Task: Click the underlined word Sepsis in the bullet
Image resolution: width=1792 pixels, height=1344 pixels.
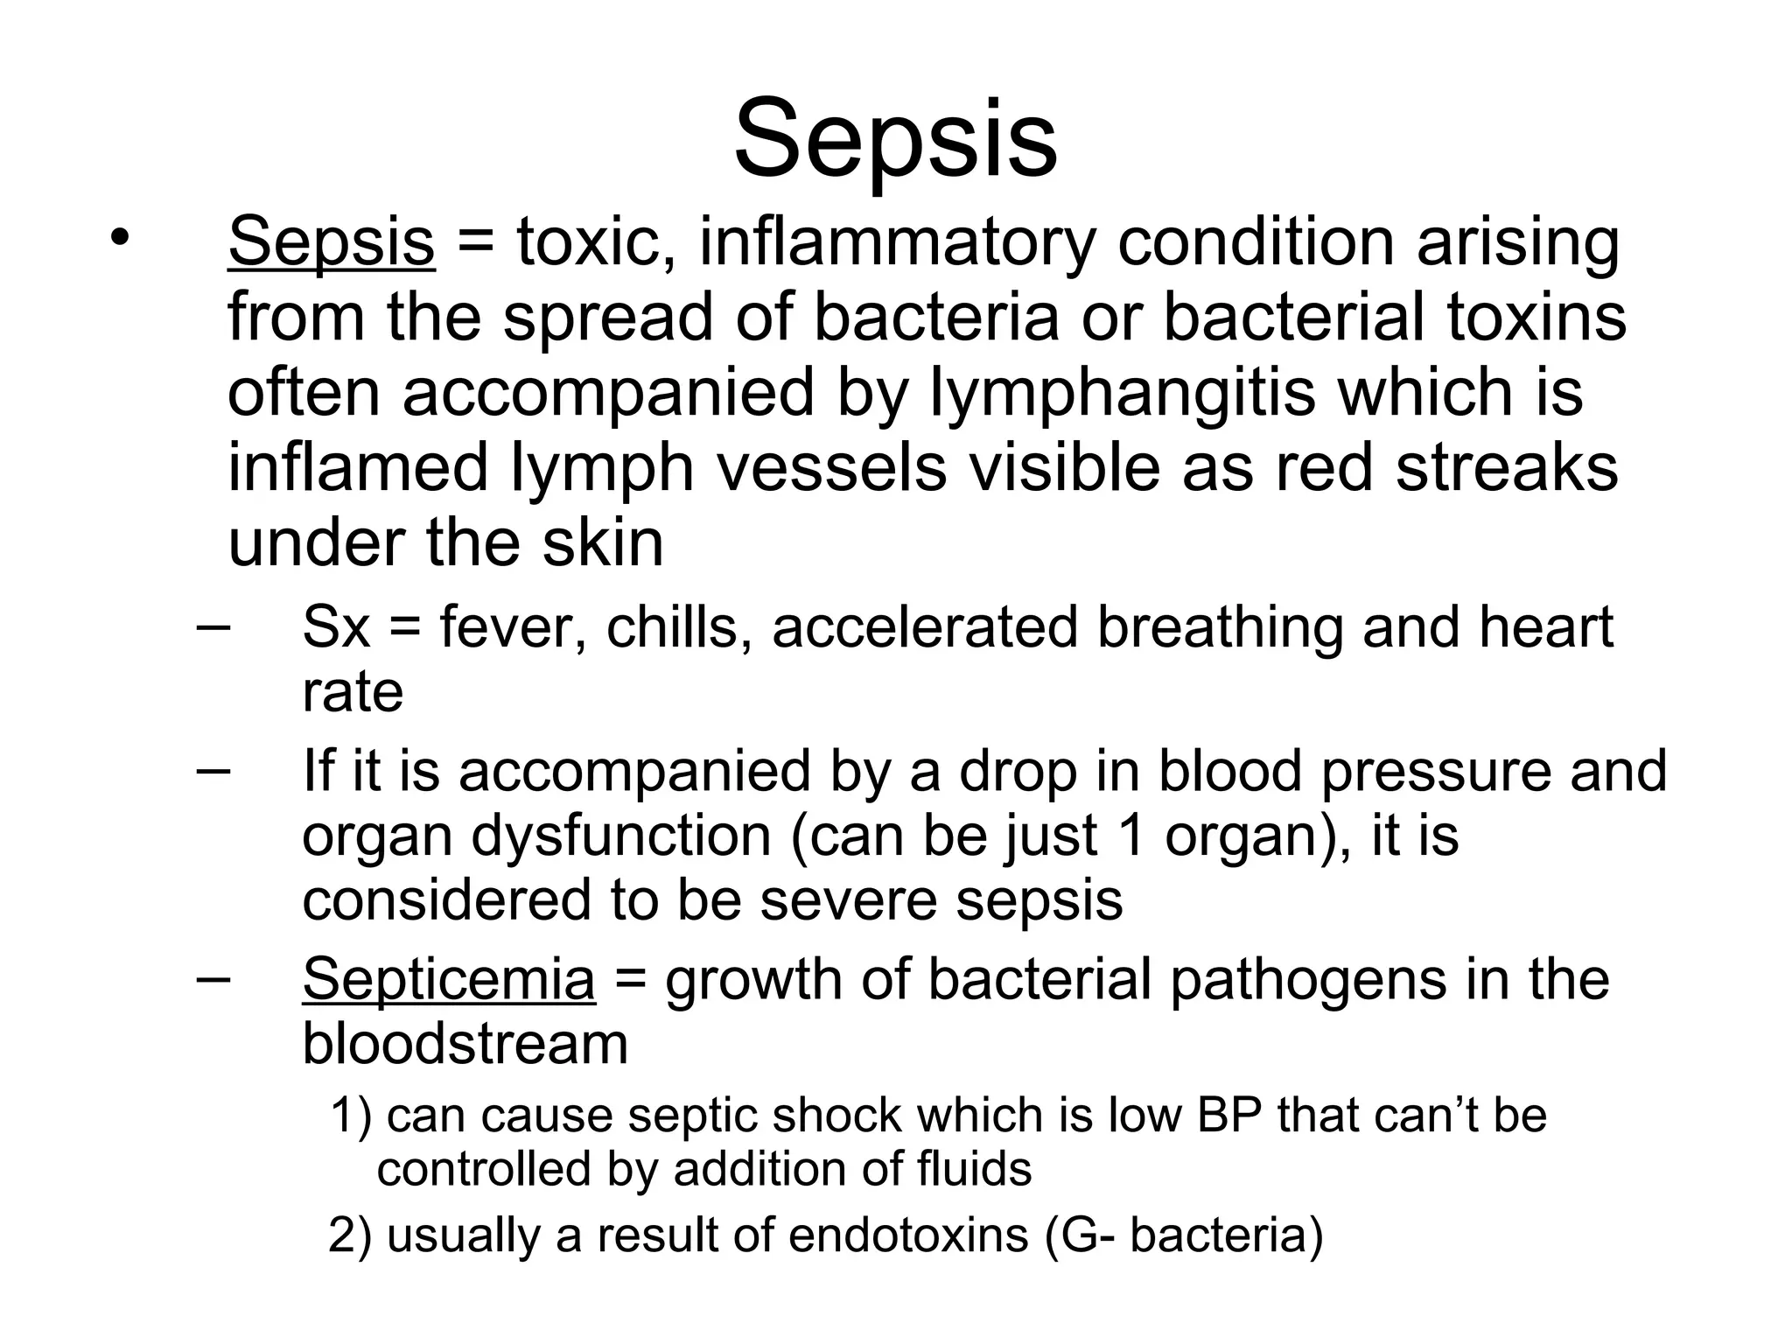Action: click(331, 242)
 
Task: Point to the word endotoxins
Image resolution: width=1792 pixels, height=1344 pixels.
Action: click(908, 1235)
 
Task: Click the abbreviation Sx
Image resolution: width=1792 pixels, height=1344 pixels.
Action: click(336, 628)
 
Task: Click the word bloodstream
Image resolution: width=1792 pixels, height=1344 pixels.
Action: click(465, 1043)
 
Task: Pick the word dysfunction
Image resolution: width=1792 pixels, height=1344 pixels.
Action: click(621, 835)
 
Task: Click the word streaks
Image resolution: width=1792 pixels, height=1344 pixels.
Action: click(1506, 467)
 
